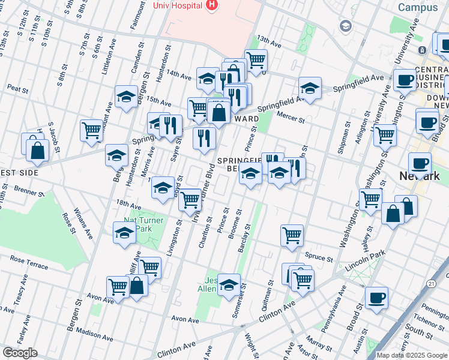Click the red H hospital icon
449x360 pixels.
tap(211, 5)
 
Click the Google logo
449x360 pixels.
tap(20, 353)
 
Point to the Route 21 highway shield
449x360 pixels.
tap(432, 283)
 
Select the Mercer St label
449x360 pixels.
tap(290, 116)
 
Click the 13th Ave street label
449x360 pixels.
tap(269, 41)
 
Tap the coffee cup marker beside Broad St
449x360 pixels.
tap(376, 298)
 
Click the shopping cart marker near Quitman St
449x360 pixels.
tap(292, 236)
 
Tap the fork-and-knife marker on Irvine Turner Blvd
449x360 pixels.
tap(204, 137)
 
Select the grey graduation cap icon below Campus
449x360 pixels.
tap(346, 26)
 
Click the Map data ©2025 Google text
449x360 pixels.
tap(412, 355)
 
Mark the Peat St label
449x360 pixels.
tap(18, 88)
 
